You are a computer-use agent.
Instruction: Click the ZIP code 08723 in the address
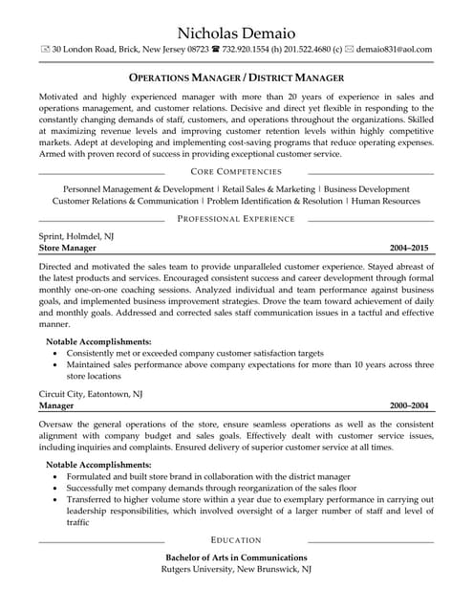[199, 49]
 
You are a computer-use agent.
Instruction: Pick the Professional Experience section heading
[236, 219]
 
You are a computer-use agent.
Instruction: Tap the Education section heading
[236, 540]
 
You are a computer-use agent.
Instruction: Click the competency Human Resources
[385, 202]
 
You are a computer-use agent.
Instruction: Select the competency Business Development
[367, 189]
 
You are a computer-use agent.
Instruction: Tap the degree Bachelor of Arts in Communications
[236, 557]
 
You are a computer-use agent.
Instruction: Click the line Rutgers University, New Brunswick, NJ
[236, 570]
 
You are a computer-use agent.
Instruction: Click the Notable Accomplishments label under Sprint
[99, 341]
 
